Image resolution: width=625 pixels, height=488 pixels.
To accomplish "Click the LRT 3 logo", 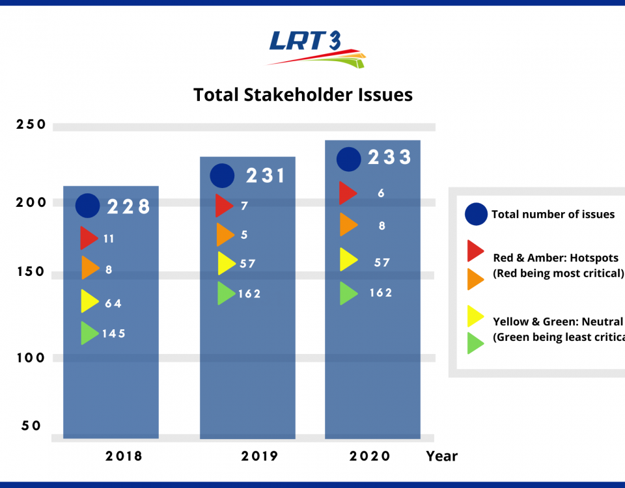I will coord(316,48).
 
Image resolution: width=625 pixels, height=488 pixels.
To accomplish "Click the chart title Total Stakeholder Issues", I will coord(303,95).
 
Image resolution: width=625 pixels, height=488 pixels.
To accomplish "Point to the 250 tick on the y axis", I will coord(31,124).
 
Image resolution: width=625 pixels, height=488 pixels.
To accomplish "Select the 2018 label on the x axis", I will coord(124,456).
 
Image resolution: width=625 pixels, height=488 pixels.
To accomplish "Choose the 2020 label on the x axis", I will coord(370,456).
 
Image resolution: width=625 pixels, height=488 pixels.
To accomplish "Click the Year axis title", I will coord(442,456).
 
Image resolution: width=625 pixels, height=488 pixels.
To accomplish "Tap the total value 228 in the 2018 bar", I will coord(129,207).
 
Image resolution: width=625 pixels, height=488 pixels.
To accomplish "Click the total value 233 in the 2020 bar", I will coord(390,157).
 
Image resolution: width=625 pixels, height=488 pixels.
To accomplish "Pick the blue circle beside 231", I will coord(222,176).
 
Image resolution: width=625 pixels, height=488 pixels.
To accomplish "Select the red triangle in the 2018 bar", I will coord(89,238).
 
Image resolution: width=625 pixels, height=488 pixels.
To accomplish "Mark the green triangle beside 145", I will coord(89,333).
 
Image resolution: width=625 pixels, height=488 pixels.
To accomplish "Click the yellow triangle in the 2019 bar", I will coord(226,264).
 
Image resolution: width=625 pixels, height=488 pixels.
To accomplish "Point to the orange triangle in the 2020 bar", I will coord(348,225).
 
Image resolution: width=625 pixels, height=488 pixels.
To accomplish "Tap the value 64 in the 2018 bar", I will coord(113,303).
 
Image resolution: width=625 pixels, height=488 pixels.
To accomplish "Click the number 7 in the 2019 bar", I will coord(243,206).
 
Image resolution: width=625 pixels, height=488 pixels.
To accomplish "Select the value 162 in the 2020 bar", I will coord(380,293).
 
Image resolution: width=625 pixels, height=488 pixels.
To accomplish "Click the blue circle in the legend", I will coord(477,213).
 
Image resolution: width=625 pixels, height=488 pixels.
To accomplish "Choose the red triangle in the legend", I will coord(475,251).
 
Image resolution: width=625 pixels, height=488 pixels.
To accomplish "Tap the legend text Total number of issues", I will coord(553,214).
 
